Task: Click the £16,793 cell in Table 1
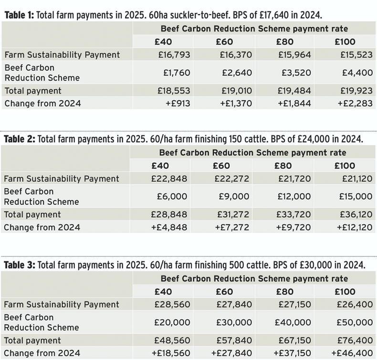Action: click(174, 54)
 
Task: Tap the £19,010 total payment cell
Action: click(236, 90)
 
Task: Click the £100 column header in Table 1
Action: click(345, 42)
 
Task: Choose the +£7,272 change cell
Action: click(232, 227)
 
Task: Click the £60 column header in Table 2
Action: click(221, 166)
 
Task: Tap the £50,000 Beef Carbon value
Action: click(354, 322)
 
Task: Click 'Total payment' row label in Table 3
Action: click(32, 340)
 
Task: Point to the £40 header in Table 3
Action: click(163, 291)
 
